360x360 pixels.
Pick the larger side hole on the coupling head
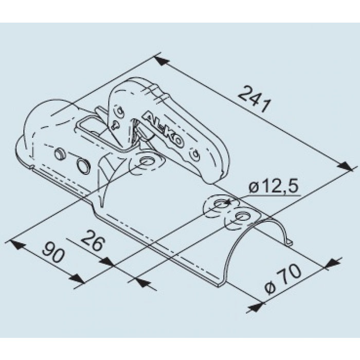[81, 165]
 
